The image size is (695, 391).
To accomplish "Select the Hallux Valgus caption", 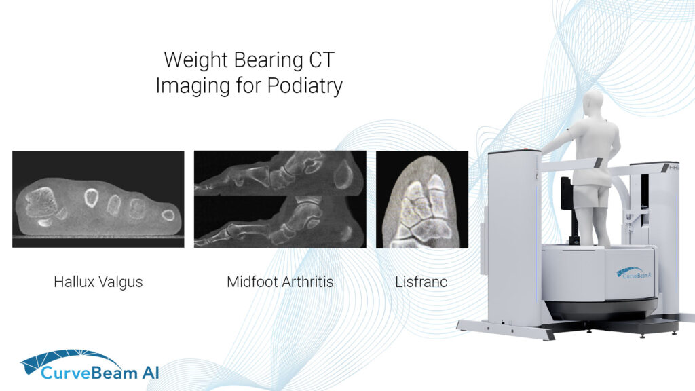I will [98, 282].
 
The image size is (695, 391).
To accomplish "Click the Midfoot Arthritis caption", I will [280, 282].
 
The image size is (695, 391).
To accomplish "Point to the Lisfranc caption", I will [421, 282].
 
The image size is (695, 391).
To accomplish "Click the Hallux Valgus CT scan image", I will [98, 198].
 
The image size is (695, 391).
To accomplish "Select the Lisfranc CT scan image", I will [421, 199].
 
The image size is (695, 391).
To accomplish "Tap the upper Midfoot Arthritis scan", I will [280, 172].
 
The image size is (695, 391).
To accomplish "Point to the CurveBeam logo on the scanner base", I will [635, 274].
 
